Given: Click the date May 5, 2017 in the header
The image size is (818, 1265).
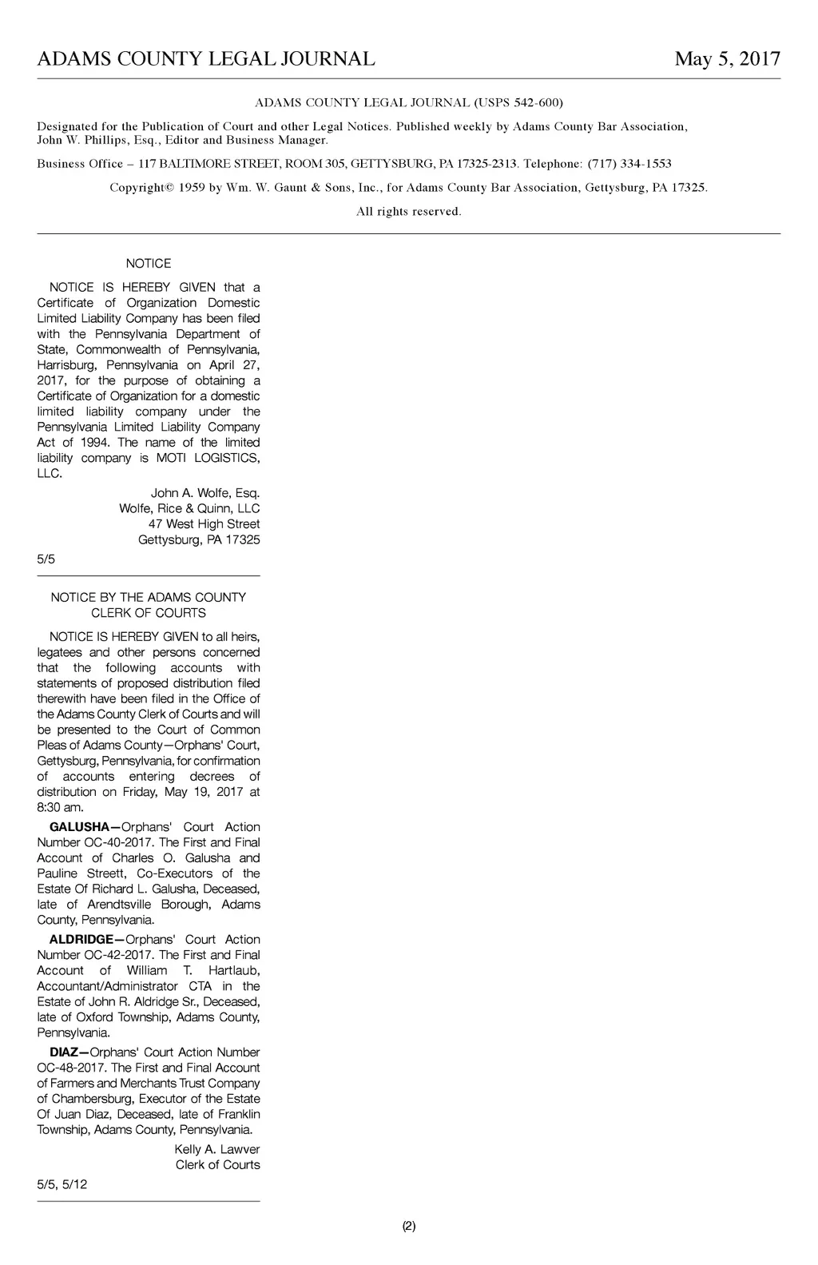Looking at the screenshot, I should [x=727, y=59].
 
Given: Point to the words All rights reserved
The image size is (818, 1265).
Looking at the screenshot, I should [x=408, y=212].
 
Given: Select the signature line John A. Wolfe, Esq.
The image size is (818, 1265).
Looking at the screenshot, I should [x=205, y=493].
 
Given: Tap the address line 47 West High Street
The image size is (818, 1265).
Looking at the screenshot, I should [x=204, y=524].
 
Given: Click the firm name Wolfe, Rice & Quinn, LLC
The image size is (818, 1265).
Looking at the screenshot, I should [x=189, y=508].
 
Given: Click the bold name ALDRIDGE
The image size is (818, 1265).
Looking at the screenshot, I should [x=82, y=940].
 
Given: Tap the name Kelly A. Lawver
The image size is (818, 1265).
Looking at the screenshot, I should [x=216, y=1149].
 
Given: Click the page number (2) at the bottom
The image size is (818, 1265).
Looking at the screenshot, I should [x=408, y=1226].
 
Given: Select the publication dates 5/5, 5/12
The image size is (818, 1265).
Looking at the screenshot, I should [x=62, y=1184].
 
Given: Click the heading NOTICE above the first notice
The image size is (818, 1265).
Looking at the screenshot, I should [x=149, y=264].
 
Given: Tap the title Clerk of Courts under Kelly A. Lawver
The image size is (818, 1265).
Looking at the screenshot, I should [x=217, y=1165].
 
